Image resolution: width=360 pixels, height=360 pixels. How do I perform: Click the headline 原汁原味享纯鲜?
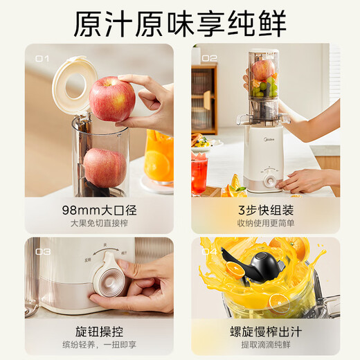pyautogui.click(x=180, y=23)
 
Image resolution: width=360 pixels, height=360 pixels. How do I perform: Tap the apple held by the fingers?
pyautogui.click(x=112, y=98)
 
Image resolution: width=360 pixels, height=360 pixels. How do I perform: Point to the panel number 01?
pyautogui.click(x=42, y=59)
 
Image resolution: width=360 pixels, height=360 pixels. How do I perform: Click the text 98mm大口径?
pyautogui.click(x=99, y=210)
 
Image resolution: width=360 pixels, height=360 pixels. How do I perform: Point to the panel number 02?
pyautogui.click(x=209, y=58)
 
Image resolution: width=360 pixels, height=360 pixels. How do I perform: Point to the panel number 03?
pyautogui.click(x=43, y=251)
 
